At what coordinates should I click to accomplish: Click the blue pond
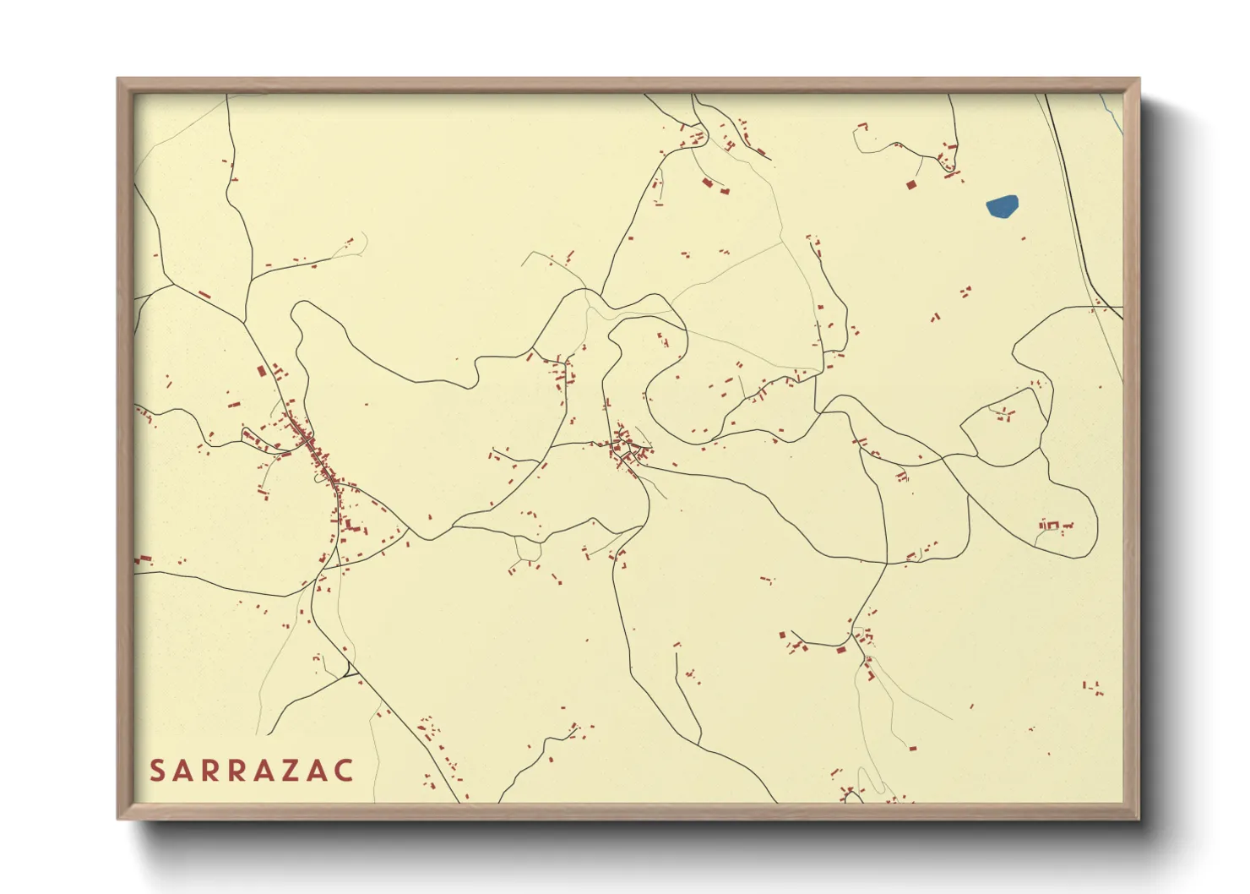pos(1002,206)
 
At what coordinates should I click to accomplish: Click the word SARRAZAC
pos(252,771)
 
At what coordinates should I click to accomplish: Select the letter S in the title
pos(156,771)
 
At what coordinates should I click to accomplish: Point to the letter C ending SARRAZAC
pos(345,771)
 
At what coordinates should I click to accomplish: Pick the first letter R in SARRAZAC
pos(208,771)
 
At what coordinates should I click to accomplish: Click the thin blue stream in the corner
pos(1113,113)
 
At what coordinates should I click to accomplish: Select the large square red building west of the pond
pos(911,184)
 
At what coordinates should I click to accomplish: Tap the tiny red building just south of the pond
pos(1024,239)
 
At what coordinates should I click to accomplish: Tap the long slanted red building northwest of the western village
pos(204,294)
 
